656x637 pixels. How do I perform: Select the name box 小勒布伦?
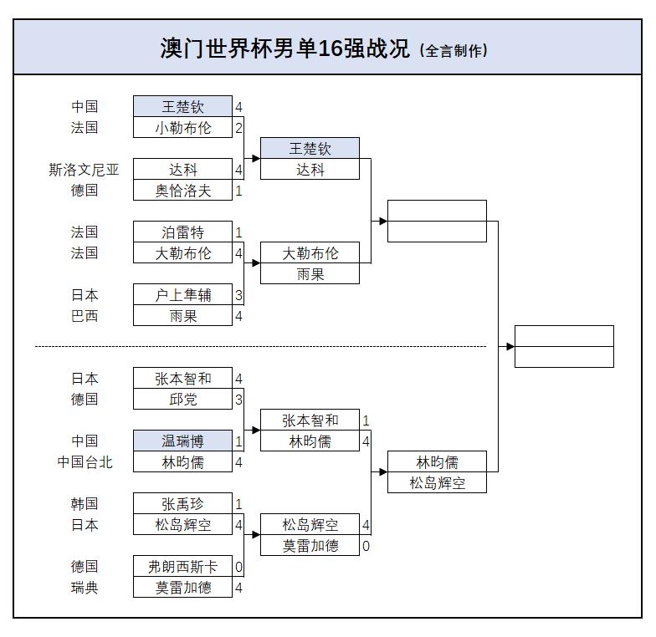(182, 128)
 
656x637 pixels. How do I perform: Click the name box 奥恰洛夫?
(182, 191)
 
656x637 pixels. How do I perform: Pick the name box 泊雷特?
(182, 232)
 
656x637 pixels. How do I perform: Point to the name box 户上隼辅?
(182, 295)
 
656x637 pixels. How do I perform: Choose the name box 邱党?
(182, 400)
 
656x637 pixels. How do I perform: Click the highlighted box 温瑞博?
(182, 441)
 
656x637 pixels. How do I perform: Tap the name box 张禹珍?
(182, 504)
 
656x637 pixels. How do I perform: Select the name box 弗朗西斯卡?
(182, 567)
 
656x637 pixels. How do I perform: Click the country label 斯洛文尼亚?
(84, 170)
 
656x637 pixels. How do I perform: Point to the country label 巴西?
(84, 316)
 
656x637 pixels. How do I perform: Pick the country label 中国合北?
(84, 462)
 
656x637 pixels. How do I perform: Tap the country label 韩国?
(84, 504)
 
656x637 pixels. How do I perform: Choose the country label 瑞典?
(84, 588)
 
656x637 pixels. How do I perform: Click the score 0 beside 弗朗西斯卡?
(238, 567)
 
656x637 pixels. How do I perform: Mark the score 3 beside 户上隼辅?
(238, 295)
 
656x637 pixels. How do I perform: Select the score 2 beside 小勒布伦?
(238, 128)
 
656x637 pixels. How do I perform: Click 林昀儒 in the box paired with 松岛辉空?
(437, 461)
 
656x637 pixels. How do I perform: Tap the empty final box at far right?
(564, 346)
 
